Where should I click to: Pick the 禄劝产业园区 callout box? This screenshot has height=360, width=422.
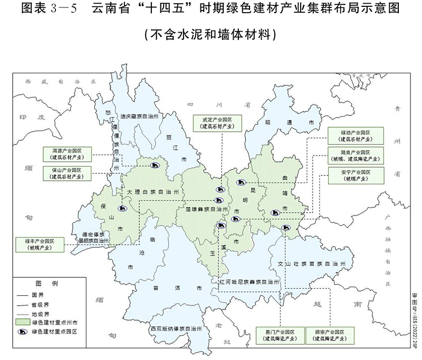354,135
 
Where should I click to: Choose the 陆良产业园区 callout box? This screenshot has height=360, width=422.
354,155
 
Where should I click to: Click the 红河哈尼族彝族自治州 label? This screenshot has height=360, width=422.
249,283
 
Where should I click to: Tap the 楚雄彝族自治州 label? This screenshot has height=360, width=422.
203,209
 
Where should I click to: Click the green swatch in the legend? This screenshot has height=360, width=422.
23,322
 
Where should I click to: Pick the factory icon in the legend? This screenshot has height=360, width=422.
23,332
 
